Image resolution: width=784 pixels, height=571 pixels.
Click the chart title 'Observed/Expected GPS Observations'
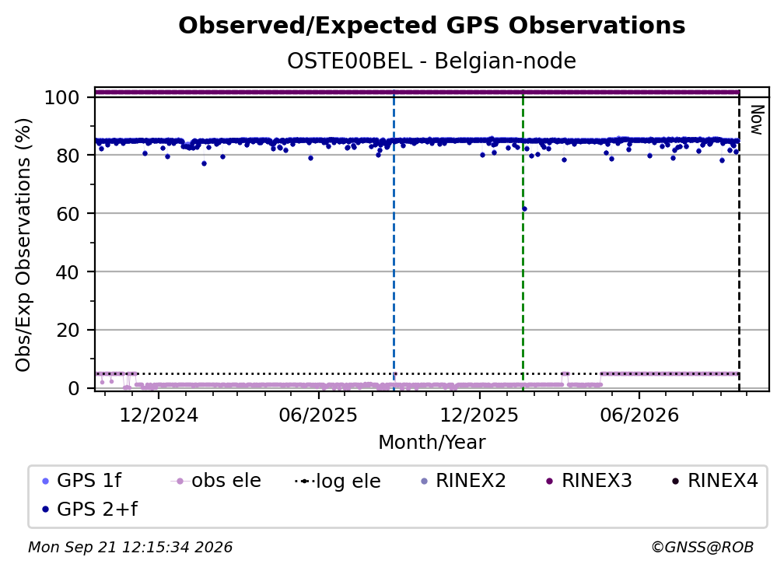click(x=432, y=26)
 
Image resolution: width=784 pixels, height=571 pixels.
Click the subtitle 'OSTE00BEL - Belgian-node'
click(x=432, y=61)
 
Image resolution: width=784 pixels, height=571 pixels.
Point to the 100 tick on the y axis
click(x=62, y=97)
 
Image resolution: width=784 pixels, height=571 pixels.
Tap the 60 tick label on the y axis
click(x=68, y=214)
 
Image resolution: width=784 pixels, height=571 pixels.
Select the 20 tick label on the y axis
click(x=68, y=331)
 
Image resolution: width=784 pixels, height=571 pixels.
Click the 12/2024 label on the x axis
click(x=159, y=415)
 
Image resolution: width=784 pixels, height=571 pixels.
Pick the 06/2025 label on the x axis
click(x=319, y=415)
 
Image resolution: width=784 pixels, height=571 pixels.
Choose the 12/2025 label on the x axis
click(x=479, y=415)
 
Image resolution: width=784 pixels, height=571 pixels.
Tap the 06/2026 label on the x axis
click(x=639, y=415)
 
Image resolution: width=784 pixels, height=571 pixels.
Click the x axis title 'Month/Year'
click(x=432, y=443)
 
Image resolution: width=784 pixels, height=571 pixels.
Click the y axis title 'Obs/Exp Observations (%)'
click(x=23, y=245)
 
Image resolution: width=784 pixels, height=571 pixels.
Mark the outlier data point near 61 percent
click(x=524, y=209)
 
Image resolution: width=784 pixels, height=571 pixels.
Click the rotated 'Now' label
click(x=758, y=120)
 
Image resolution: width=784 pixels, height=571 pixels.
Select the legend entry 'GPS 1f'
click(x=82, y=481)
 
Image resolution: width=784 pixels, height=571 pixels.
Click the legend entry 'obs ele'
click(x=216, y=481)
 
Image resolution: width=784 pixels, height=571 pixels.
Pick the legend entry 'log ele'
click(x=338, y=481)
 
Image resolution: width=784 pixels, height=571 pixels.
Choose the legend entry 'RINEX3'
click(x=589, y=481)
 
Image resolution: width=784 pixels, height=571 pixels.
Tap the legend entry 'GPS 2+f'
click(x=90, y=510)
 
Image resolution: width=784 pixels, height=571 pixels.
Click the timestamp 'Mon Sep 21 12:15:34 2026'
click(x=130, y=548)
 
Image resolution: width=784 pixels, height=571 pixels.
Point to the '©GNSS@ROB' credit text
click(x=702, y=548)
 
